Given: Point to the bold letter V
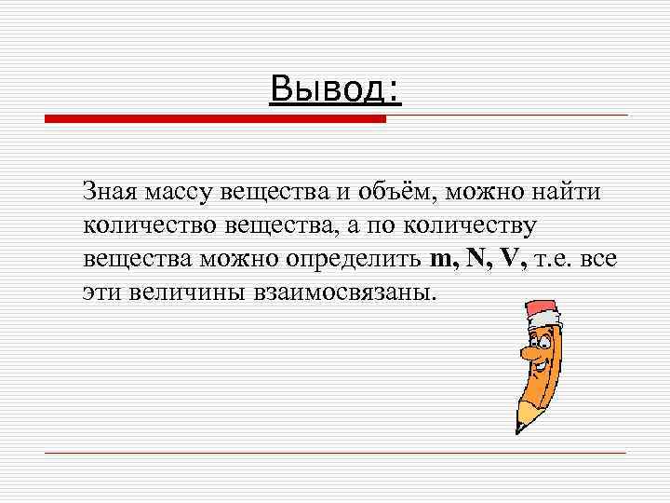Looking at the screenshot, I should tap(508, 259).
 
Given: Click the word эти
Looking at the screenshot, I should tap(100, 292).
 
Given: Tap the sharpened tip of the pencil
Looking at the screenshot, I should tap(519, 428).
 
